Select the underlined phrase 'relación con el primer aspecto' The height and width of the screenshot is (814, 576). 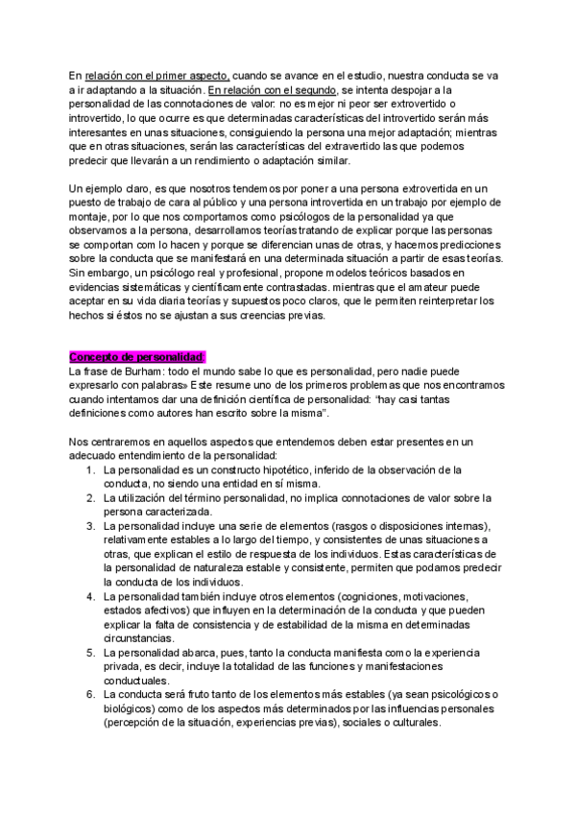point(156,75)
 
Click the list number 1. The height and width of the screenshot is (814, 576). point(88,470)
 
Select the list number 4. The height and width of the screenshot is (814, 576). point(88,597)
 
